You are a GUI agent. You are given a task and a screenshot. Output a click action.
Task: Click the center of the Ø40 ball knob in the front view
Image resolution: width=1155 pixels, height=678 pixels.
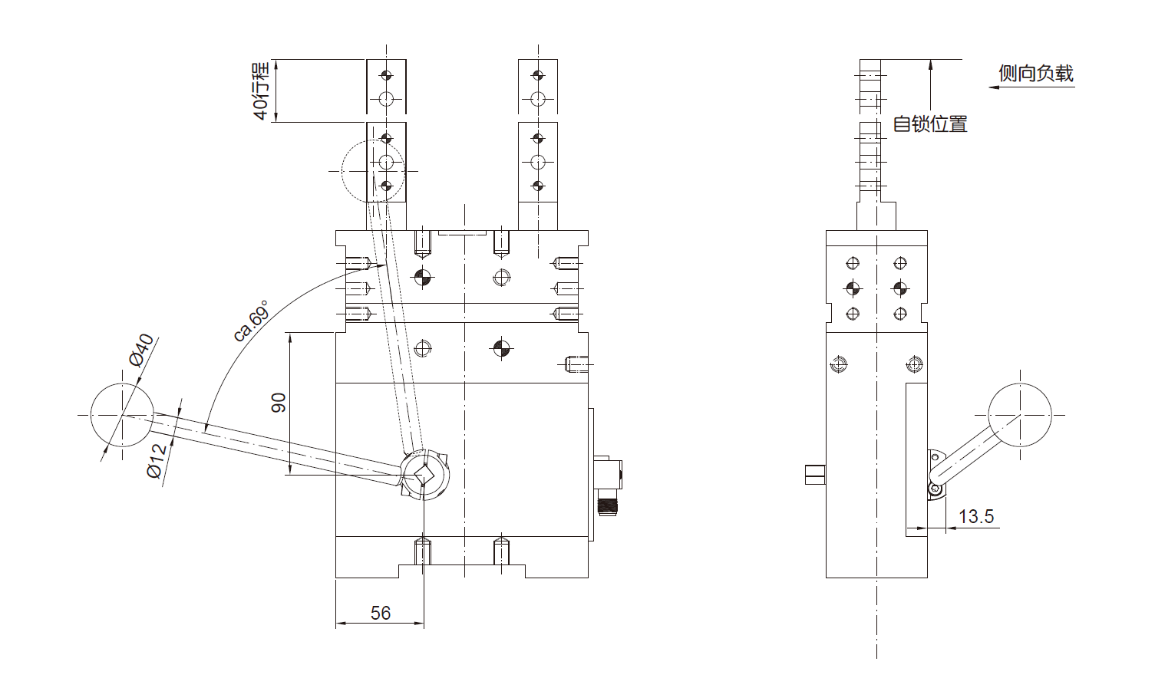pyautogui.click(x=122, y=415)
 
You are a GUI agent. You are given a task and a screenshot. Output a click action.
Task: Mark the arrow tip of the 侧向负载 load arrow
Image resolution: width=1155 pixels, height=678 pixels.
pyautogui.click(x=989, y=87)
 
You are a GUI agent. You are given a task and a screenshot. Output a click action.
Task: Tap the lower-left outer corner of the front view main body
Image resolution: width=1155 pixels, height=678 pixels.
pyautogui.click(x=335, y=578)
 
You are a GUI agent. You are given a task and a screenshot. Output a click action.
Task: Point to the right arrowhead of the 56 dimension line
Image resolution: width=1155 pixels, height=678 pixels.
pyautogui.click(x=424, y=623)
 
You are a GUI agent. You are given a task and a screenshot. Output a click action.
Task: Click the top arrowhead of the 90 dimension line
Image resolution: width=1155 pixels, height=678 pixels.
pyautogui.click(x=290, y=334)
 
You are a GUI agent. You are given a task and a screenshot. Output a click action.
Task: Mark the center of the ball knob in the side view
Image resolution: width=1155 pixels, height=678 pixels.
pyautogui.click(x=1020, y=415)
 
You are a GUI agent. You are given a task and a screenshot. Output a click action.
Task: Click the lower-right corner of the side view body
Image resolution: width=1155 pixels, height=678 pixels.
pyautogui.click(x=927, y=578)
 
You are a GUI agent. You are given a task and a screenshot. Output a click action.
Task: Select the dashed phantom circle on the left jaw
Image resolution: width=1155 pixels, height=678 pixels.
pyautogui.click(x=373, y=170)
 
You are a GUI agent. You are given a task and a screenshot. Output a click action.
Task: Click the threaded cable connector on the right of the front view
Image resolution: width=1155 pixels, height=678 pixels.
pyautogui.click(x=607, y=485)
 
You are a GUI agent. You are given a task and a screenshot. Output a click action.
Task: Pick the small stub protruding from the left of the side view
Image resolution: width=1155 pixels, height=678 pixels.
pyautogui.click(x=815, y=475)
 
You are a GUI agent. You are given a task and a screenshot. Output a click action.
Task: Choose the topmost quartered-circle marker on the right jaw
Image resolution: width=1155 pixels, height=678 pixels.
pyautogui.click(x=538, y=76)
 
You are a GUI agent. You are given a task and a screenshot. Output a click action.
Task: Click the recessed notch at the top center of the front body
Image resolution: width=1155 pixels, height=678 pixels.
pyautogui.click(x=462, y=233)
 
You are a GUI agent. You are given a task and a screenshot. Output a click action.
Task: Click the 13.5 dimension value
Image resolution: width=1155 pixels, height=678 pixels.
pyautogui.click(x=976, y=516)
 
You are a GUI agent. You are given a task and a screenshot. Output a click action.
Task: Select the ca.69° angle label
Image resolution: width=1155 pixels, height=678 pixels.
pyautogui.click(x=251, y=321)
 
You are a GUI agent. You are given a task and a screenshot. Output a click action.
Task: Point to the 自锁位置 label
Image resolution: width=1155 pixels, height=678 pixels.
pyautogui.click(x=929, y=124)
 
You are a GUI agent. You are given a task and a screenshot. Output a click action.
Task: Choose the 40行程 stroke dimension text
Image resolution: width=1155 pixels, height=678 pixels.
pyautogui.click(x=261, y=91)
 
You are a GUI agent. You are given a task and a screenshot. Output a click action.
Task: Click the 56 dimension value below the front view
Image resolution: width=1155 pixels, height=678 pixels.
pyautogui.click(x=381, y=613)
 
